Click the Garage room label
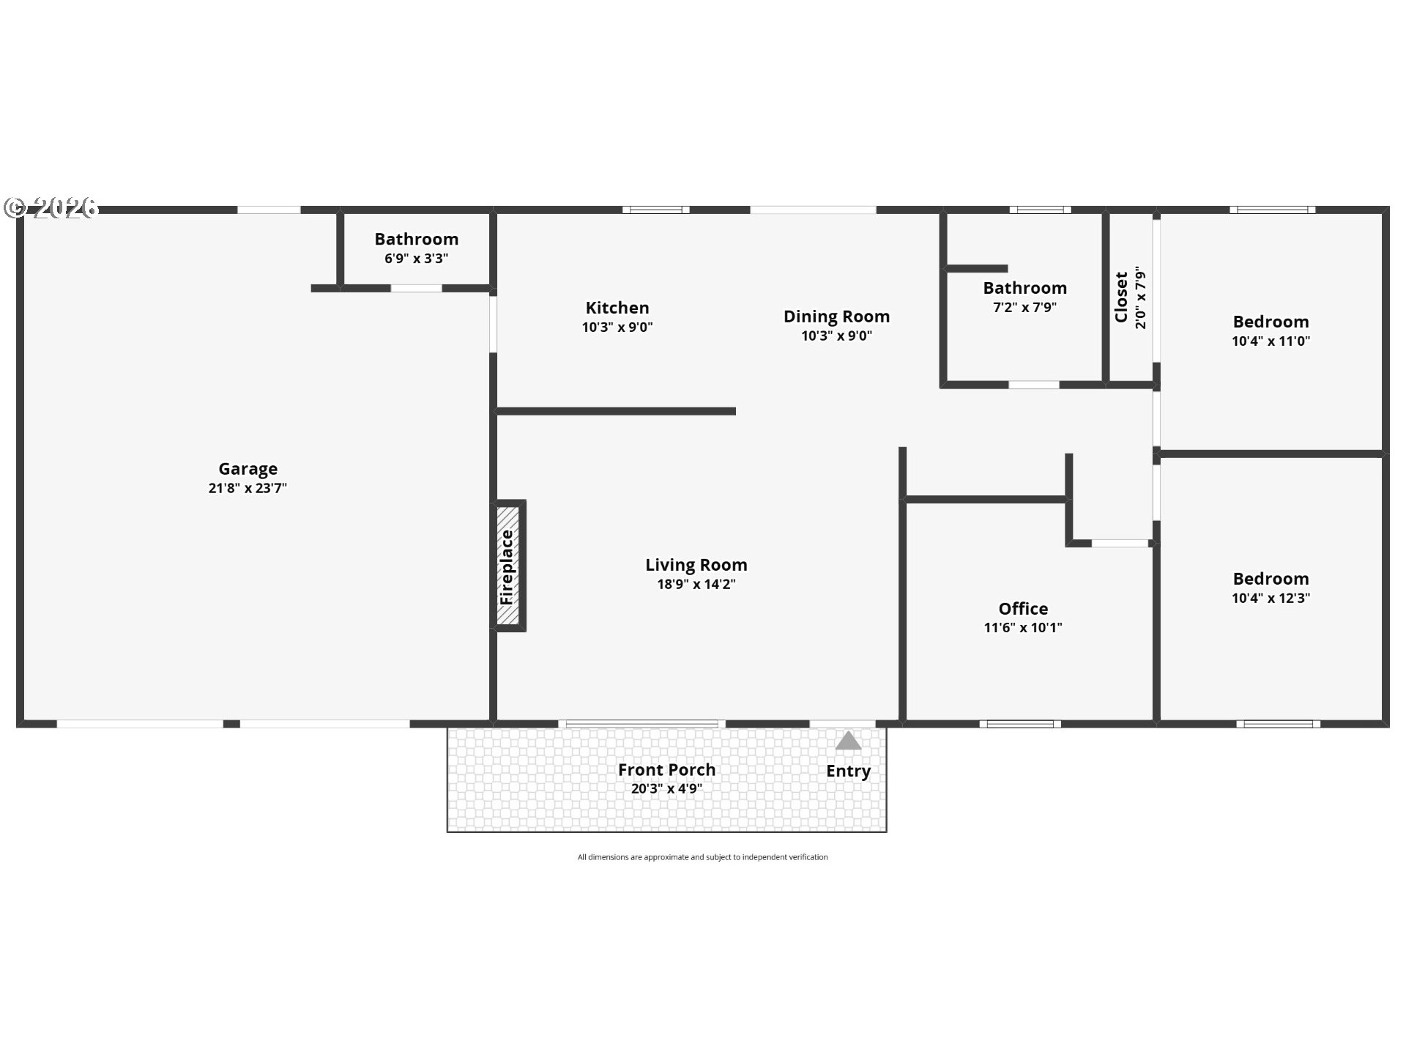point(248,469)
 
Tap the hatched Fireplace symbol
point(507,566)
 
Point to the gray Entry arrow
point(848,741)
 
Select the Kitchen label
point(617,308)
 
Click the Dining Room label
point(836,316)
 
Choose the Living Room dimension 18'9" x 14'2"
point(696,584)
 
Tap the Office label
point(1023,609)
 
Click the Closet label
point(1121,297)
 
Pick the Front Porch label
point(666,770)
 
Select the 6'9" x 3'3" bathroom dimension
point(416,258)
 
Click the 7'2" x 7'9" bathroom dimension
point(1024,307)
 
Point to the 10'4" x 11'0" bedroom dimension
point(1271,341)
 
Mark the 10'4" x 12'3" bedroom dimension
point(1271,598)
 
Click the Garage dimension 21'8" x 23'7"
point(248,488)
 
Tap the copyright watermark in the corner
point(51,208)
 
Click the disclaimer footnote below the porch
point(702,857)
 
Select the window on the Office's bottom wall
point(1020,724)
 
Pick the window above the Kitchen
point(656,210)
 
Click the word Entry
point(848,771)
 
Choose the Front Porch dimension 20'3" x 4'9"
point(666,789)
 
